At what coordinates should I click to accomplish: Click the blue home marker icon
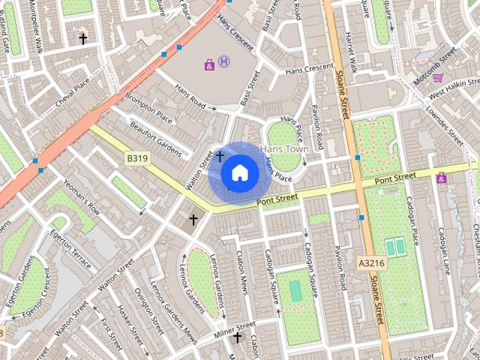pos(239,173)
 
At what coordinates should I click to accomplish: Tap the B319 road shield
pos(137,159)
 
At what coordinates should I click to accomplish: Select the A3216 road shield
pos(371,263)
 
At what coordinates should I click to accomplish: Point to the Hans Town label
pos(284,149)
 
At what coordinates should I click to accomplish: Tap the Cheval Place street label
pos(72,92)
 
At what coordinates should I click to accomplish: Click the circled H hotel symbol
pos(224,62)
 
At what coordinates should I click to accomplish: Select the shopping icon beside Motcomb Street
pos(437,77)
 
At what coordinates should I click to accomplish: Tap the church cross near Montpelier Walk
pos(83,37)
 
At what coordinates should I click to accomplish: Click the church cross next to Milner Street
pos(238,337)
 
